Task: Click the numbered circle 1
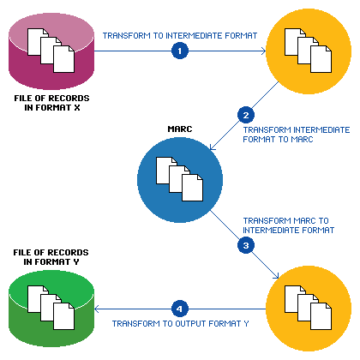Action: tap(180, 51)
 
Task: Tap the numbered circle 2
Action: tap(246, 115)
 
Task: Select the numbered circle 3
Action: tap(246, 245)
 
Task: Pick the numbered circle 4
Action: tap(180, 309)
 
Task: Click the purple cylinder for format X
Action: tap(51, 51)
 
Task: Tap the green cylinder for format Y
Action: tap(51, 309)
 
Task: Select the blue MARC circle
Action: tap(180, 180)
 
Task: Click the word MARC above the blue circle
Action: tap(180, 129)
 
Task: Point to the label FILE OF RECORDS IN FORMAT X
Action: tap(51, 103)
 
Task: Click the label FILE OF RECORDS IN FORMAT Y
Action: tap(51, 257)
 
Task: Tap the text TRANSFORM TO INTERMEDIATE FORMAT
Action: tap(180, 36)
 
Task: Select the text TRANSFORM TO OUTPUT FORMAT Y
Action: tap(180, 324)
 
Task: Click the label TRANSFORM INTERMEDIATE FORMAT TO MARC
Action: tap(297, 135)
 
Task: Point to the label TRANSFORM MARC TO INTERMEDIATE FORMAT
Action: tap(289, 225)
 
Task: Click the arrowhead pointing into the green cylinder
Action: tap(96, 309)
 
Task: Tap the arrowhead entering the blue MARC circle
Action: tap(213, 147)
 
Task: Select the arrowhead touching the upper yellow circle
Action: tap(264, 51)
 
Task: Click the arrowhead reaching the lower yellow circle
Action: tap(276, 275)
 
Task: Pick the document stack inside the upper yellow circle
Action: tap(308, 51)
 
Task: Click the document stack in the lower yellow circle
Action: tap(308, 308)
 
